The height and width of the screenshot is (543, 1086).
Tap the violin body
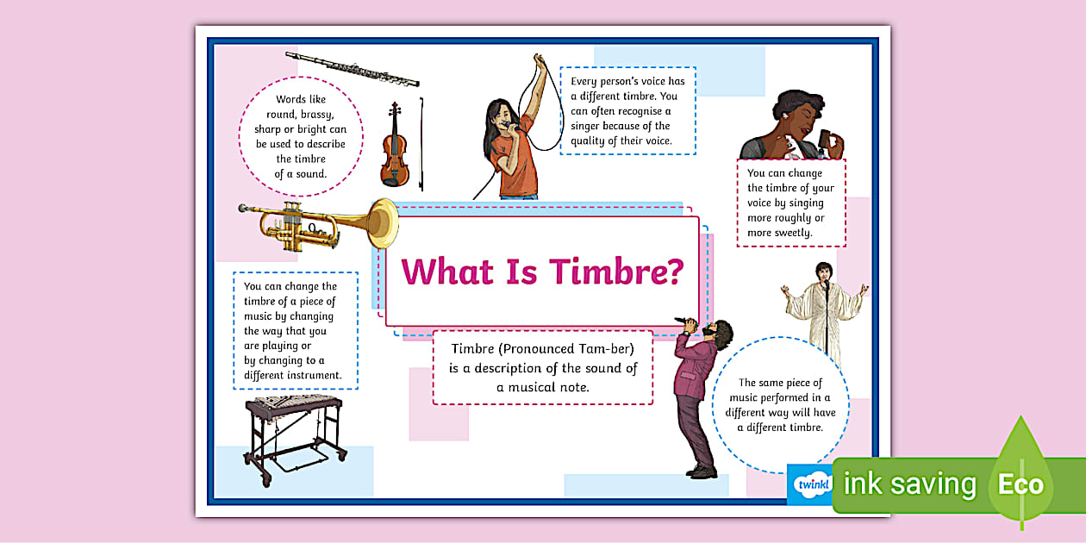coord(394,155)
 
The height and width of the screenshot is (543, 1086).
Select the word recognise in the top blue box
coord(639,111)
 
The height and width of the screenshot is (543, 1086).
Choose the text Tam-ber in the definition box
coord(603,350)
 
